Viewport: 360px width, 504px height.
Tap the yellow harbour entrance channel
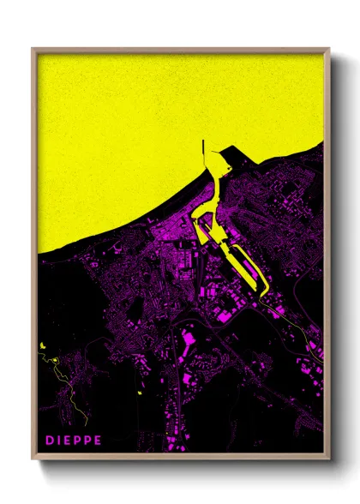coord(214,184)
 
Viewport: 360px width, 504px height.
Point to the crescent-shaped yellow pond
coord(40,345)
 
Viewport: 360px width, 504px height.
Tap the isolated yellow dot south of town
coord(138,393)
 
